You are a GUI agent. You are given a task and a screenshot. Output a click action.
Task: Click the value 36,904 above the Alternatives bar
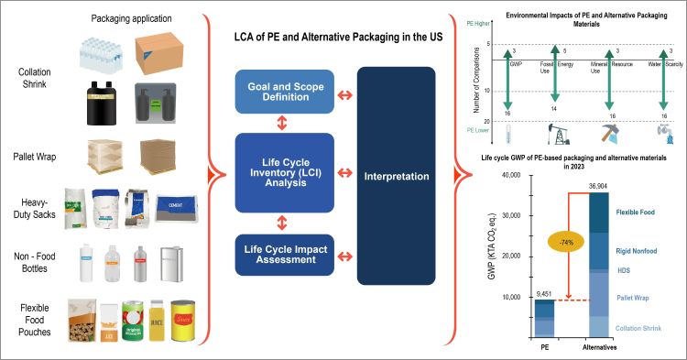[x=596, y=185]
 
